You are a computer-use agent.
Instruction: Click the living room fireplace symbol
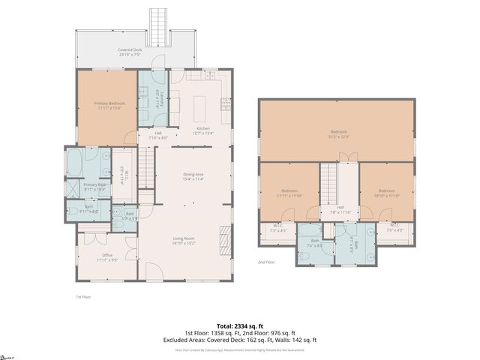coord(223,241)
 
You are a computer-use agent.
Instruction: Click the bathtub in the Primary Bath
coord(76,161)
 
